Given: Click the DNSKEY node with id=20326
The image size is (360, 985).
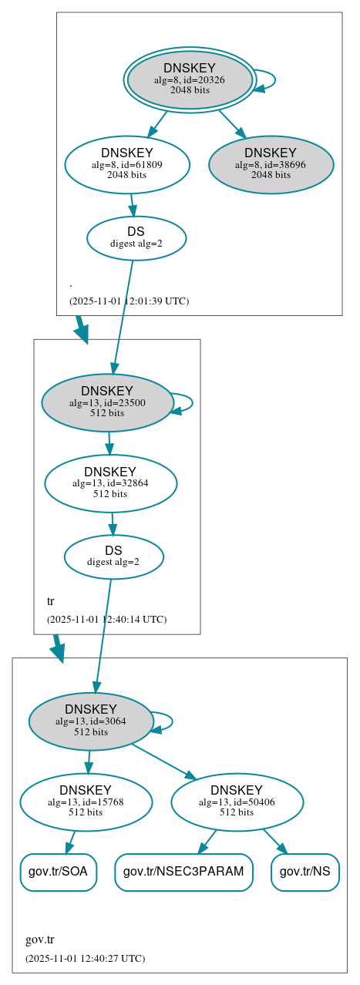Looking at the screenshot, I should point(190,79).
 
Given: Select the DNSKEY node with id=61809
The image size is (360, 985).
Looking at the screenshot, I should point(127,164).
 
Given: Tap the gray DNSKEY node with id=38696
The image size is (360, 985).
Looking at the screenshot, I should point(271,164).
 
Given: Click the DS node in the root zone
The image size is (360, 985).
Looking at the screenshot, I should point(136,237).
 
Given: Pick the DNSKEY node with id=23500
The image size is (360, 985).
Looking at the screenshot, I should point(107,402).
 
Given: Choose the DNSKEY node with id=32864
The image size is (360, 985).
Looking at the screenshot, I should point(110,483).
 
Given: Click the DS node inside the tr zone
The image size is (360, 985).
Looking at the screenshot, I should point(113,556).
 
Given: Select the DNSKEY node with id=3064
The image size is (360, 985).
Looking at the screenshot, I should point(91,721).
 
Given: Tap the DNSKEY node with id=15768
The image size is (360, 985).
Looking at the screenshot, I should point(86,802).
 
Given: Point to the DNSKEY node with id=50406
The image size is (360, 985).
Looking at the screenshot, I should point(237,802).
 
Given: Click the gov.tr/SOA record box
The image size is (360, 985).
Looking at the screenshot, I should point(58,872).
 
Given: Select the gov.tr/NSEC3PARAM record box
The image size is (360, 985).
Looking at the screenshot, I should point(183,872).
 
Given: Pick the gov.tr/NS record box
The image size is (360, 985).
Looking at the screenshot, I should point(305,872).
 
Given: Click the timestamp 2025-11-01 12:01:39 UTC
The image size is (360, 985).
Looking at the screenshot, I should point(129,301).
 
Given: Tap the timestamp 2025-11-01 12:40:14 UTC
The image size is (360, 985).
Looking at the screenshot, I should point(106,619).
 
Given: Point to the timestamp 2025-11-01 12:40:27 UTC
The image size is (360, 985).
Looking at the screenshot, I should point(85,958).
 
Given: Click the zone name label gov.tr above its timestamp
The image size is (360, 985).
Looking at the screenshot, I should point(39,940).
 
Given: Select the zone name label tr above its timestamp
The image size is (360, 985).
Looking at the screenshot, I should point(51,601).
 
